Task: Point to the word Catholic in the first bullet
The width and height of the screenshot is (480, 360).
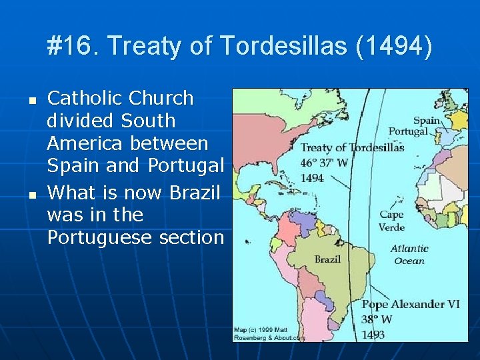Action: (85, 98)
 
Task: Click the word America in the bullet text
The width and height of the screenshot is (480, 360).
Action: (81, 143)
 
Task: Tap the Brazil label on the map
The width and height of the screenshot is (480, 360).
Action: (328, 259)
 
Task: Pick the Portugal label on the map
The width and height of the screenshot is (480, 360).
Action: (408, 132)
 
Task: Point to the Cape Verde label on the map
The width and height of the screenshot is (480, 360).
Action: (392, 220)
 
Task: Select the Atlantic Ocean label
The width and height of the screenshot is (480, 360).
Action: (409, 255)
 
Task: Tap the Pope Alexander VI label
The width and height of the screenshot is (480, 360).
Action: (411, 304)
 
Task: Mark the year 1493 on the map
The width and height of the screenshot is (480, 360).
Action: (373, 335)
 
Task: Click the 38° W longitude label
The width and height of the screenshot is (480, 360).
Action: (377, 319)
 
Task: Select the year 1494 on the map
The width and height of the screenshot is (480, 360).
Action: (313, 178)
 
